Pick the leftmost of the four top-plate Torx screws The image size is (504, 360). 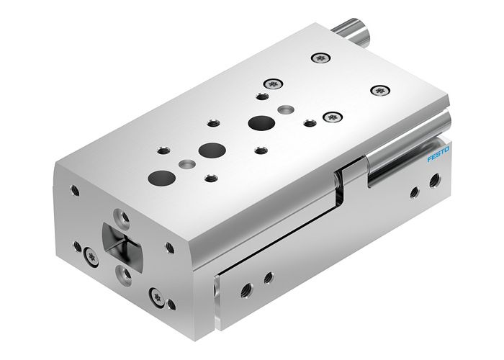[x=271, y=84]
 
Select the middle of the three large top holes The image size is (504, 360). [x=211, y=150]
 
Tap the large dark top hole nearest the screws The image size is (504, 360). [x=258, y=123]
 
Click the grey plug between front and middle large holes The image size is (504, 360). [x=187, y=164]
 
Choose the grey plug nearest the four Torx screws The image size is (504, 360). [x=287, y=109]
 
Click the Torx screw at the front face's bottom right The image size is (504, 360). [x=155, y=294]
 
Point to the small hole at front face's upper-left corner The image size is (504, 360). [x=75, y=191]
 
